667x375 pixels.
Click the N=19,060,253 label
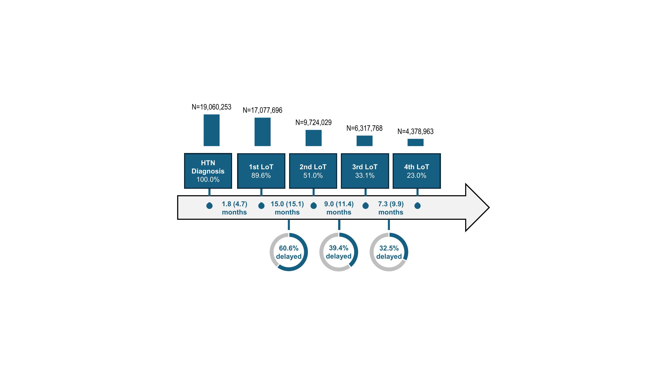point(211,107)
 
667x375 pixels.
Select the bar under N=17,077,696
point(263,132)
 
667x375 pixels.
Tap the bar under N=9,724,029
point(314,138)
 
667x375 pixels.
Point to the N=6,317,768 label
point(364,128)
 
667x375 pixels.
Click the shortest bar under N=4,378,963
point(416,142)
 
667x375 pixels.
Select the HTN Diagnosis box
point(208,171)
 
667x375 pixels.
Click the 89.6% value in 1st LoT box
point(261,175)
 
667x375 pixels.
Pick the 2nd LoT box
point(313,171)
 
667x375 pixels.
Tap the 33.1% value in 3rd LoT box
point(365,175)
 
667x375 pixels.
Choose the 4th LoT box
point(417,171)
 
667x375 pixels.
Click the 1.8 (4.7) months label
point(234,208)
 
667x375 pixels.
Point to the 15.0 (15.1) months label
point(287,208)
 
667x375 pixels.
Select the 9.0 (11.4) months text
point(339,208)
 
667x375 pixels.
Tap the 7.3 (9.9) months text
point(391,208)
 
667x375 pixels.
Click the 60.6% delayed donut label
point(289,252)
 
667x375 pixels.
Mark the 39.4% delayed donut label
point(339,252)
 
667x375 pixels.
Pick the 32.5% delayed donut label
point(389,252)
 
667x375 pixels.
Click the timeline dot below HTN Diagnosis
point(210,206)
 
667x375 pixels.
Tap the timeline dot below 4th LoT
point(417,206)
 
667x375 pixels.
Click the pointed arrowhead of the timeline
point(489,207)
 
